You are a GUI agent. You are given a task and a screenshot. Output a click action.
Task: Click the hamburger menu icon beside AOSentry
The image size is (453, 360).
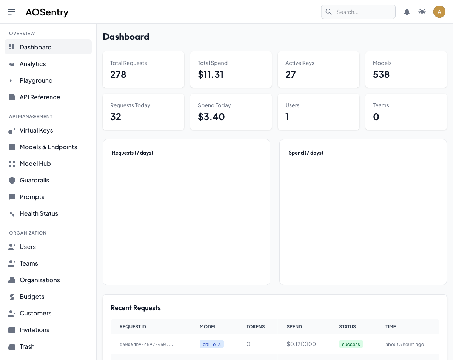(x=11, y=12)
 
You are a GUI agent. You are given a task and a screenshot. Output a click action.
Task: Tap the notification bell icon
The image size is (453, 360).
(x=407, y=12)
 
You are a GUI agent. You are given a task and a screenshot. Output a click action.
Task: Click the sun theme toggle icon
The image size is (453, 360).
(x=422, y=12)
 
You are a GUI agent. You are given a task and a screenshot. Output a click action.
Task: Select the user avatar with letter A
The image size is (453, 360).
(x=439, y=12)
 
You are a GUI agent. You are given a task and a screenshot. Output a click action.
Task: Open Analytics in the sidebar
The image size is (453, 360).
(x=32, y=64)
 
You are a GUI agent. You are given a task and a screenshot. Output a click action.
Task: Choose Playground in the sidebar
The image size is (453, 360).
(x=36, y=80)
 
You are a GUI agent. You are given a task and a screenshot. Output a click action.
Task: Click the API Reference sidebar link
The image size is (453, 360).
(x=40, y=97)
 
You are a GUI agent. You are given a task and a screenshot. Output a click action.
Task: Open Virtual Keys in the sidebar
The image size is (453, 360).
(x=36, y=130)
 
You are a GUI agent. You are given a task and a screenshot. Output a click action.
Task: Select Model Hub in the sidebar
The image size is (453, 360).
(x=35, y=164)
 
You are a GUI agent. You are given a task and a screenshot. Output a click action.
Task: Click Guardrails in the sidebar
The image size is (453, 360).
(x=34, y=180)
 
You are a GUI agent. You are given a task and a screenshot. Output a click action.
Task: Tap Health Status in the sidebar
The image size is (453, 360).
(x=39, y=213)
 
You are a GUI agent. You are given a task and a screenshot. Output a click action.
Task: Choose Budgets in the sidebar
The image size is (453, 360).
(x=32, y=297)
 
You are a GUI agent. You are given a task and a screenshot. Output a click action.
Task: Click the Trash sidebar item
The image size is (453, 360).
(x=27, y=346)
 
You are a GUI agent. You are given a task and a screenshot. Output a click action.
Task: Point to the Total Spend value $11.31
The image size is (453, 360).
(x=211, y=74)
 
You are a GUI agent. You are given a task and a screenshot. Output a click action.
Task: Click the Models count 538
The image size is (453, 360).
(x=381, y=74)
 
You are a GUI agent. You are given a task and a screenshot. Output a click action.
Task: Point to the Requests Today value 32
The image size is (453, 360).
(x=116, y=117)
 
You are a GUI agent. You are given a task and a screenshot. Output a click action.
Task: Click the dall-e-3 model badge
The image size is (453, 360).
(x=211, y=344)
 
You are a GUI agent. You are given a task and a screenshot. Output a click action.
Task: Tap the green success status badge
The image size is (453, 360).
(x=351, y=344)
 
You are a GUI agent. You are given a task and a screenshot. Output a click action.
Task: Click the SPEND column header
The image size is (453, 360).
(x=294, y=326)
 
